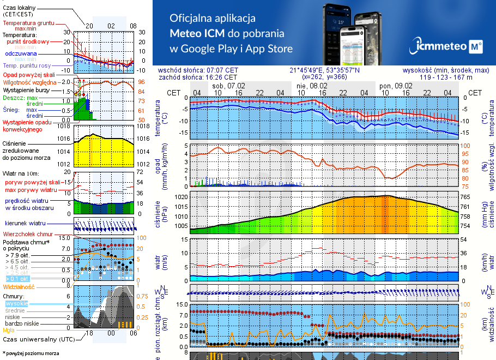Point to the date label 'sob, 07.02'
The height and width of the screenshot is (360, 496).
[x=228, y=86]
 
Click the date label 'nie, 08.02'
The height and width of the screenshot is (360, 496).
[x=312, y=86]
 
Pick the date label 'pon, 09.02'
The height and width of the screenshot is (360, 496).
[x=396, y=86]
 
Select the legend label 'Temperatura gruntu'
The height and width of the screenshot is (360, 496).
[x=28, y=23]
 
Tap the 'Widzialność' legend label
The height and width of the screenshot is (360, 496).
[x=19, y=286]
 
